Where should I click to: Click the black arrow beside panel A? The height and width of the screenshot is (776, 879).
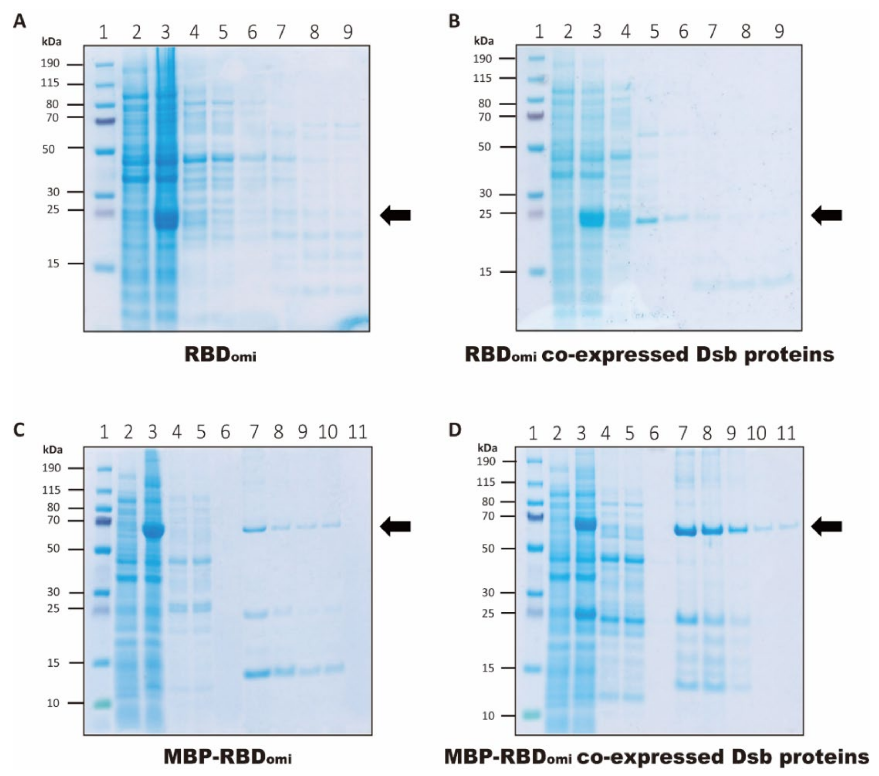pos(396,215)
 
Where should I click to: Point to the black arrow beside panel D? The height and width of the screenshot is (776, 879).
pos(826,526)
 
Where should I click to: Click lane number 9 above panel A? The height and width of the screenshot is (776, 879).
pos(348,32)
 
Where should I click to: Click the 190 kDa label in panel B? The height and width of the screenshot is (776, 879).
pos(483,58)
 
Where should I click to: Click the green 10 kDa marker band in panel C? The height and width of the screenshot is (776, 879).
pos(103,704)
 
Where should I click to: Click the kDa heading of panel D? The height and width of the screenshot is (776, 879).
pos(488,448)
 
